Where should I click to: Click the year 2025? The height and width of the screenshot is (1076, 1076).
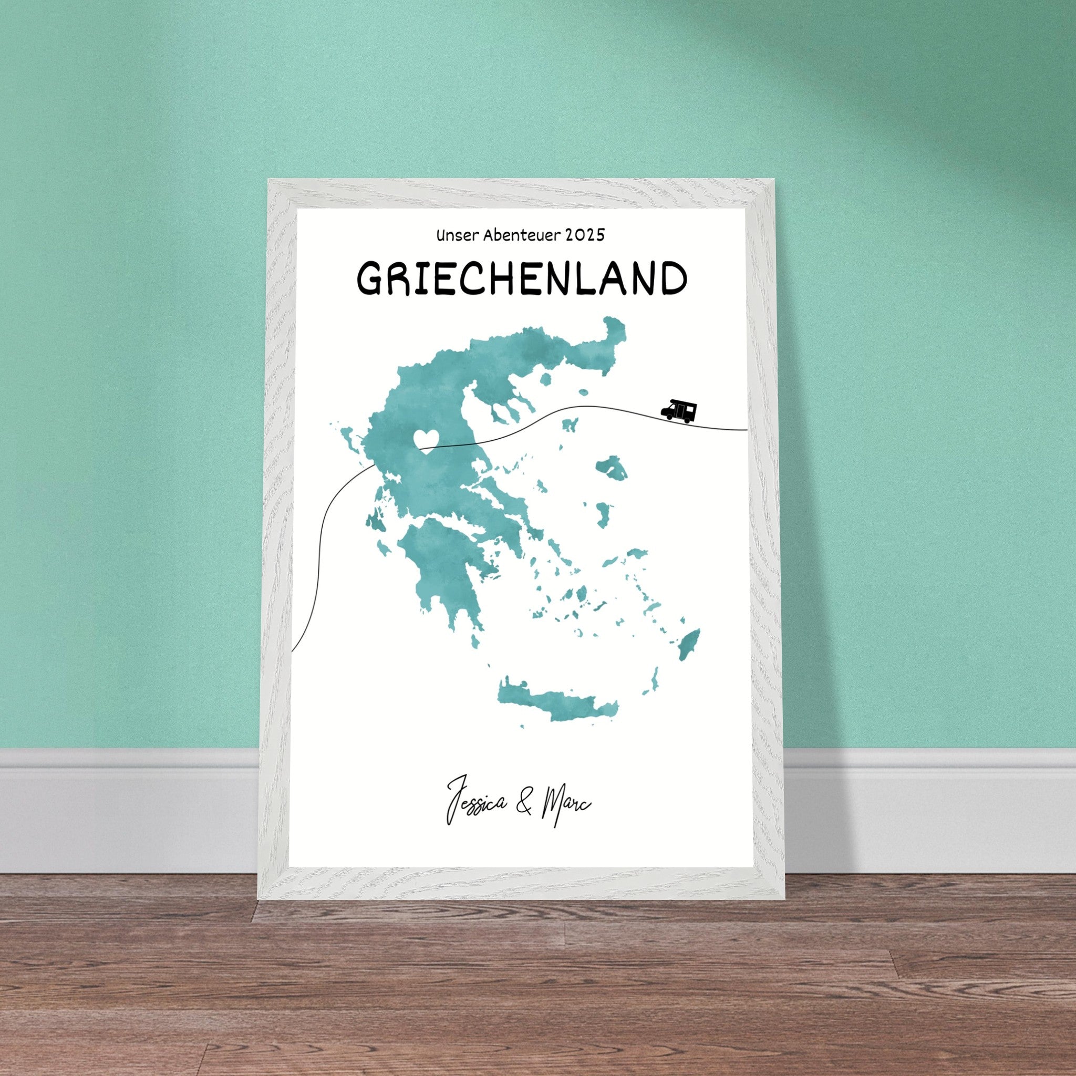click(584, 235)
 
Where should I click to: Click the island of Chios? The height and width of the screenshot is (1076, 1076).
click(604, 515)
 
